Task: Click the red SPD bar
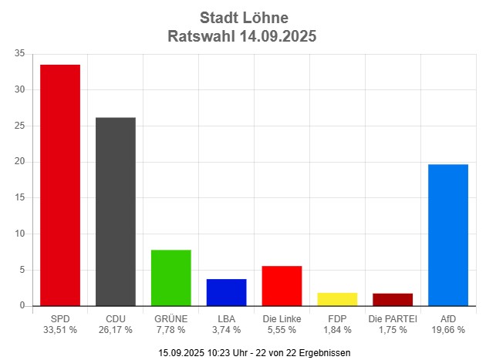click(60, 185)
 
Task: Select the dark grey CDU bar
click(116, 212)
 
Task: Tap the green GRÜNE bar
click(171, 278)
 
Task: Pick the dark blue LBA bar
click(227, 292)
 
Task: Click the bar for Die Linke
click(282, 286)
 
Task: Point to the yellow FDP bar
click(338, 299)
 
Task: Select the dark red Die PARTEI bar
click(393, 300)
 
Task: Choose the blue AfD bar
click(448, 235)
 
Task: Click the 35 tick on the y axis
click(19, 53)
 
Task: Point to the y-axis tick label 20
click(19, 162)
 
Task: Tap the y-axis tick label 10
click(19, 234)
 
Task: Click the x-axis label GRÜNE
click(171, 318)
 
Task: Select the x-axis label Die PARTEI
click(393, 318)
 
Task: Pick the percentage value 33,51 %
click(60, 330)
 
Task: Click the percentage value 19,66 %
click(448, 330)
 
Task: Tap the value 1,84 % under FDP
click(338, 330)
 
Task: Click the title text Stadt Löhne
click(242, 17)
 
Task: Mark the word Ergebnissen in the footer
click(324, 352)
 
